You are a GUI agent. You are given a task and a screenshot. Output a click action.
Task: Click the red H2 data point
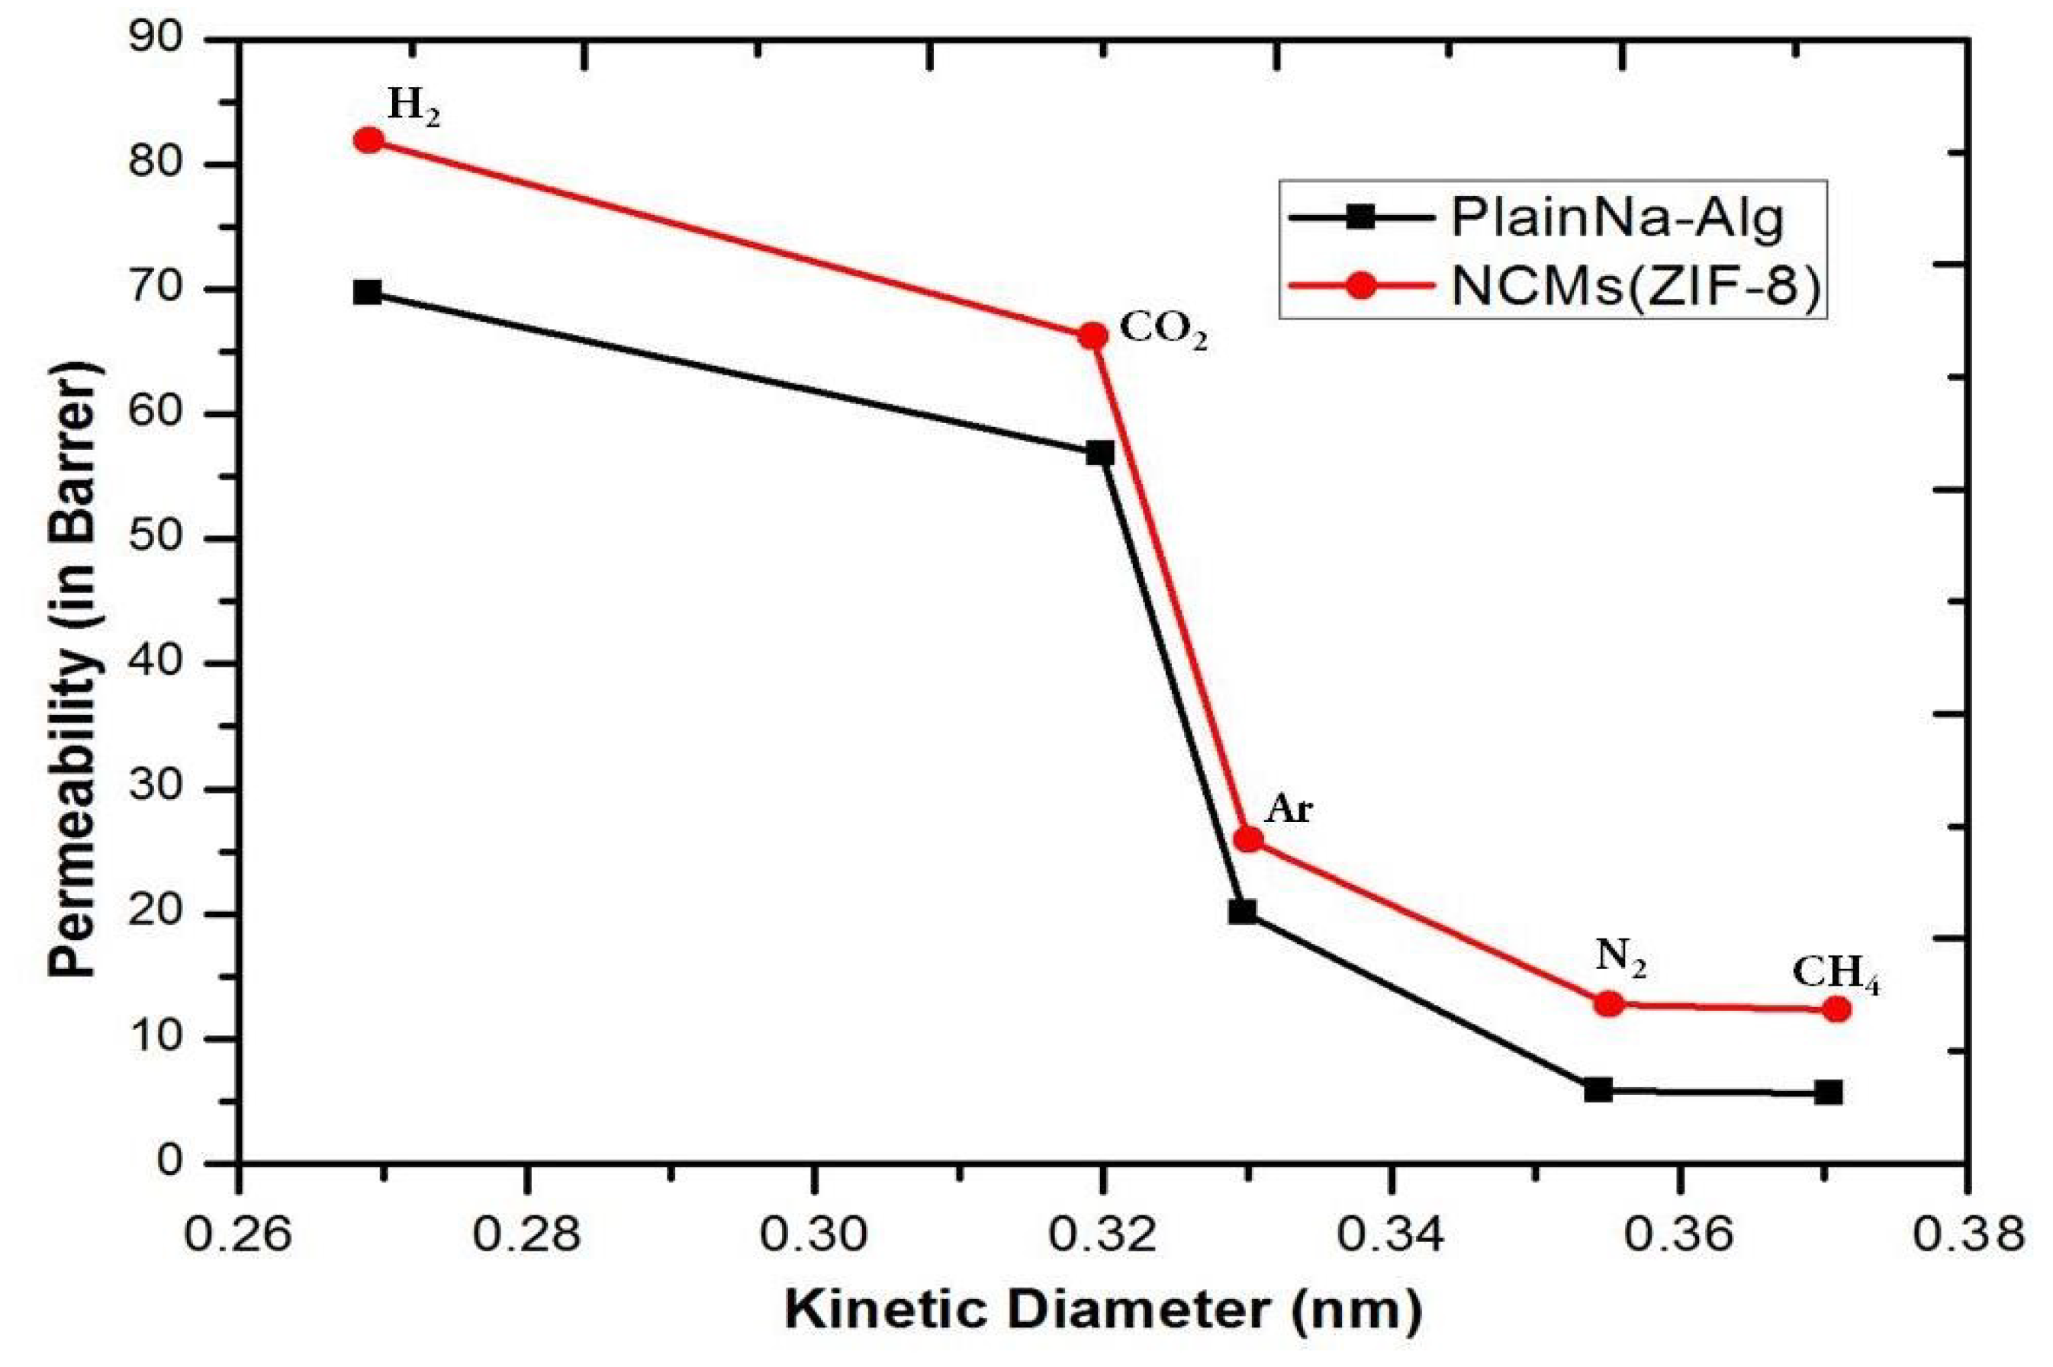click(369, 140)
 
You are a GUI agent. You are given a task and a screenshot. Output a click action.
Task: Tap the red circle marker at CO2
click(1092, 335)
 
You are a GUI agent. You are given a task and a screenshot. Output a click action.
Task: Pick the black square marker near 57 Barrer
click(1100, 454)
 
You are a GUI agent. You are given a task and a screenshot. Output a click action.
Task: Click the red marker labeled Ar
click(1249, 839)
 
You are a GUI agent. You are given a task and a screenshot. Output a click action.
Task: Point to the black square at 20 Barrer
click(1242, 912)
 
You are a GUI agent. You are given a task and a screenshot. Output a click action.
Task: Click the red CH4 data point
click(1836, 1009)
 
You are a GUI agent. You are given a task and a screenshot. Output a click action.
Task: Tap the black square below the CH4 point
click(1829, 1093)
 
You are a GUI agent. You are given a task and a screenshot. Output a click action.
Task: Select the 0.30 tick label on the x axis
click(813, 1236)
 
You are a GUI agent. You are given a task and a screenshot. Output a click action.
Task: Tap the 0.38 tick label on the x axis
click(1966, 1236)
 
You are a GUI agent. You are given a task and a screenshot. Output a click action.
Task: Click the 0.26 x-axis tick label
click(238, 1236)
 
